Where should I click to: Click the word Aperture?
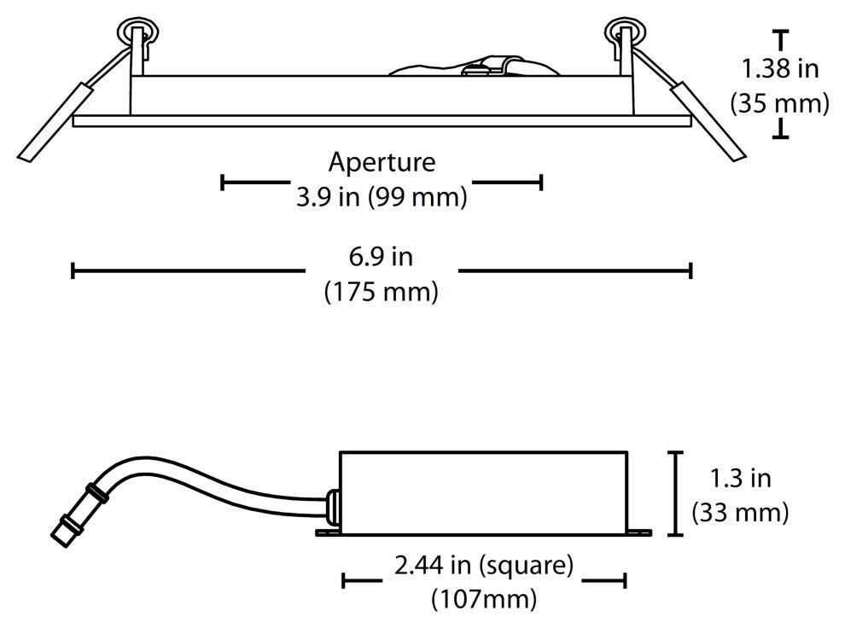382,161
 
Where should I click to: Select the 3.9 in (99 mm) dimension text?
382,198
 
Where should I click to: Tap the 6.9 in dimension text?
382,255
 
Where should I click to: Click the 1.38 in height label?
779,68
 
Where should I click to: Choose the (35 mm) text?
779,104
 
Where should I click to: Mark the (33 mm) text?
739,513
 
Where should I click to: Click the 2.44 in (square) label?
483,564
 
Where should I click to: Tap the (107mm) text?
483,598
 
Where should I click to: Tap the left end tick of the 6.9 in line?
73,271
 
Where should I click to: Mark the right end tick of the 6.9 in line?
690,271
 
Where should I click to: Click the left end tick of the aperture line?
222,182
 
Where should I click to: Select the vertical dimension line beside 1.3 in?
677,493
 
